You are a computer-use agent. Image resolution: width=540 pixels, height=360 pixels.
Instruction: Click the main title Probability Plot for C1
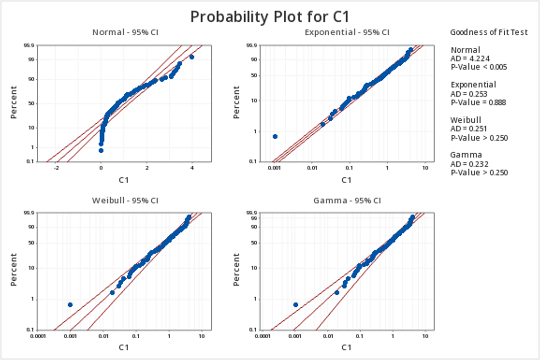[x=270, y=16]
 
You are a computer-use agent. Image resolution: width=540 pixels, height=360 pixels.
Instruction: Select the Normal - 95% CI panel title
[x=128, y=33]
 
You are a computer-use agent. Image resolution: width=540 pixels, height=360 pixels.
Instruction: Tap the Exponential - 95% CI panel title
[x=347, y=33]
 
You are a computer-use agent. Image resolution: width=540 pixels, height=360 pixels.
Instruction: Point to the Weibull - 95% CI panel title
[x=125, y=201]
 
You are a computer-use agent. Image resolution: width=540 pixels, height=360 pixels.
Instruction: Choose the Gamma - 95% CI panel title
[x=347, y=201]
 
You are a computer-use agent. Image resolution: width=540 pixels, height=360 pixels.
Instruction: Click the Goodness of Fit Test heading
[x=489, y=33]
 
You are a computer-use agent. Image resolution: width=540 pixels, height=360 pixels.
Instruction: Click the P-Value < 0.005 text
[x=478, y=67]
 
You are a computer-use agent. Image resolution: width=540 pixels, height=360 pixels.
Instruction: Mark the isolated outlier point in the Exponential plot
[x=275, y=136]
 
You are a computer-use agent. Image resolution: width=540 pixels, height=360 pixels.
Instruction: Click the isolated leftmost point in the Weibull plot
[x=70, y=305]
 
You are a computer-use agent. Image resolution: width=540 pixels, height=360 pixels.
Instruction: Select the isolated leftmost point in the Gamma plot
[x=295, y=305]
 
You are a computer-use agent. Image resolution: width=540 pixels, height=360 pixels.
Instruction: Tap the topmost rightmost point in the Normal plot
[x=191, y=57]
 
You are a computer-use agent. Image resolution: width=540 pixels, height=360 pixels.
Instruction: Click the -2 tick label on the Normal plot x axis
[x=56, y=169]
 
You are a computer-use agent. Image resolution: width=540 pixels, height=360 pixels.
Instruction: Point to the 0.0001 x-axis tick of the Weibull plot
[x=38, y=337]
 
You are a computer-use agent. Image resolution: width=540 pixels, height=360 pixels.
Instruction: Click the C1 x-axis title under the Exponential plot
[x=347, y=180]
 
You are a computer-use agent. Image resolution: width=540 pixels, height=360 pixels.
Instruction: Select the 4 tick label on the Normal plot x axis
[x=191, y=169]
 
